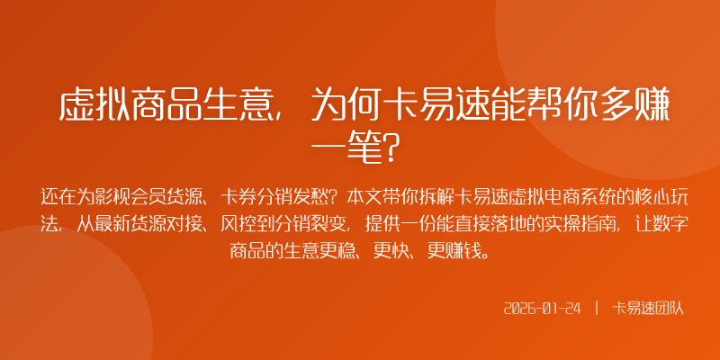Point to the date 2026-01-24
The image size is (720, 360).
tap(543, 308)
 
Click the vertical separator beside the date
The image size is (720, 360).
tap(596, 308)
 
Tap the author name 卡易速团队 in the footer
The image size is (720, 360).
tap(648, 308)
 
